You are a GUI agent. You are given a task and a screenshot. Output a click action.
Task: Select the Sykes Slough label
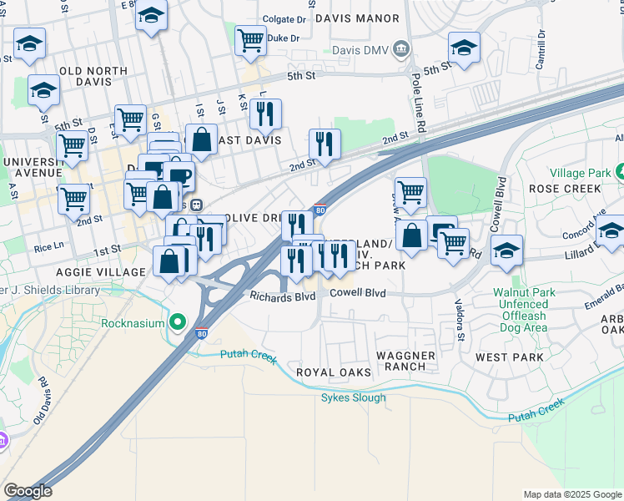click(354, 397)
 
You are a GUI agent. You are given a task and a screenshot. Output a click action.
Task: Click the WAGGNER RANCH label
click(405, 362)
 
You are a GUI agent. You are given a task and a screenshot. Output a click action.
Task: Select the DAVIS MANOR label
click(366, 16)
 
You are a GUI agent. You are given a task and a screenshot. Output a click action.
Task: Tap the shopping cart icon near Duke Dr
click(249, 38)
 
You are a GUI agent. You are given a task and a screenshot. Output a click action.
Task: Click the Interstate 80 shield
click(320, 210)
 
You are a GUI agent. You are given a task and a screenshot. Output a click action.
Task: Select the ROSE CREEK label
click(565, 189)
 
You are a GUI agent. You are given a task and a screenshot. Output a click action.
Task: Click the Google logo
click(28, 491)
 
